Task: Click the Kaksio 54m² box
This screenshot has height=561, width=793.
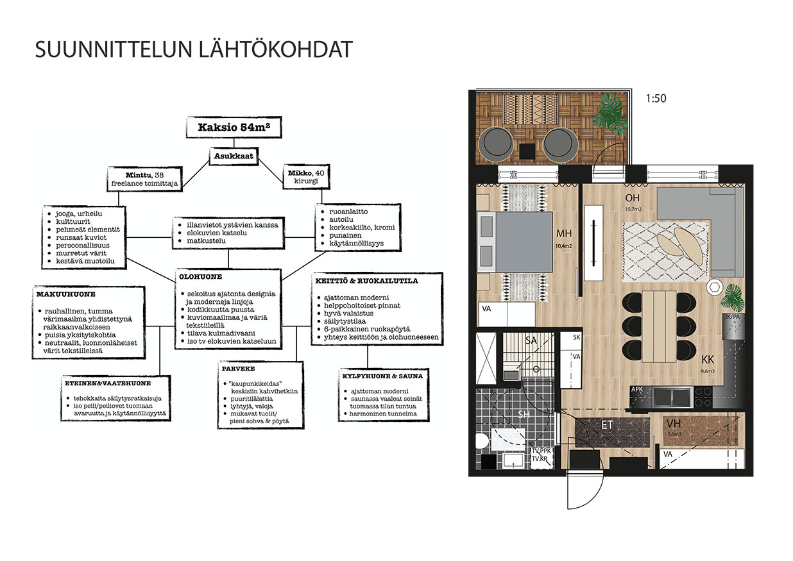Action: pyautogui.click(x=234, y=127)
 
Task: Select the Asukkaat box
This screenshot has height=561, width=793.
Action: pyautogui.click(x=234, y=156)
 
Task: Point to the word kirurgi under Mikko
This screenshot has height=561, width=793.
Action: pyautogui.click(x=306, y=181)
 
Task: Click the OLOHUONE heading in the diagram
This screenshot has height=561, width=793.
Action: pyautogui.click(x=200, y=276)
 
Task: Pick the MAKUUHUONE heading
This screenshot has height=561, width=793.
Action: pyautogui.click(x=66, y=294)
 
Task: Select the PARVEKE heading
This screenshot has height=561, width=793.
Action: pyautogui.click(x=238, y=369)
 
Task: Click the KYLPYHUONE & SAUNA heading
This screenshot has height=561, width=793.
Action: pyautogui.click(x=382, y=376)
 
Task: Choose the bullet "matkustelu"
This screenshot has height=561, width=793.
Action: pyautogui.click(x=206, y=240)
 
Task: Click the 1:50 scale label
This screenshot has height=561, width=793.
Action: pyautogui.click(x=656, y=98)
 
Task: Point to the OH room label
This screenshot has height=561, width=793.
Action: pyautogui.click(x=632, y=197)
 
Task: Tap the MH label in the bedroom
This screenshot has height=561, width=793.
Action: pyautogui.click(x=564, y=233)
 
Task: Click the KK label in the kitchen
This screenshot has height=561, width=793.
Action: pyautogui.click(x=708, y=360)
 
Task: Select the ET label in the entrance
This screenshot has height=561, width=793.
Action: pyautogui.click(x=607, y=425)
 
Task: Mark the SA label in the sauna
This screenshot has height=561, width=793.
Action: pyautogui.click(x=531, y=340)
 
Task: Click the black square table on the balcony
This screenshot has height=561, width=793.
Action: pyautogui.click(x=527, y=151)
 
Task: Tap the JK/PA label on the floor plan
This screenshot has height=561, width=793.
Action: pyautogui.click(x=732, y=317)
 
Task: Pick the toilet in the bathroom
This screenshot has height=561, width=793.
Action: pyautogui.click(x=482, y=441)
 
